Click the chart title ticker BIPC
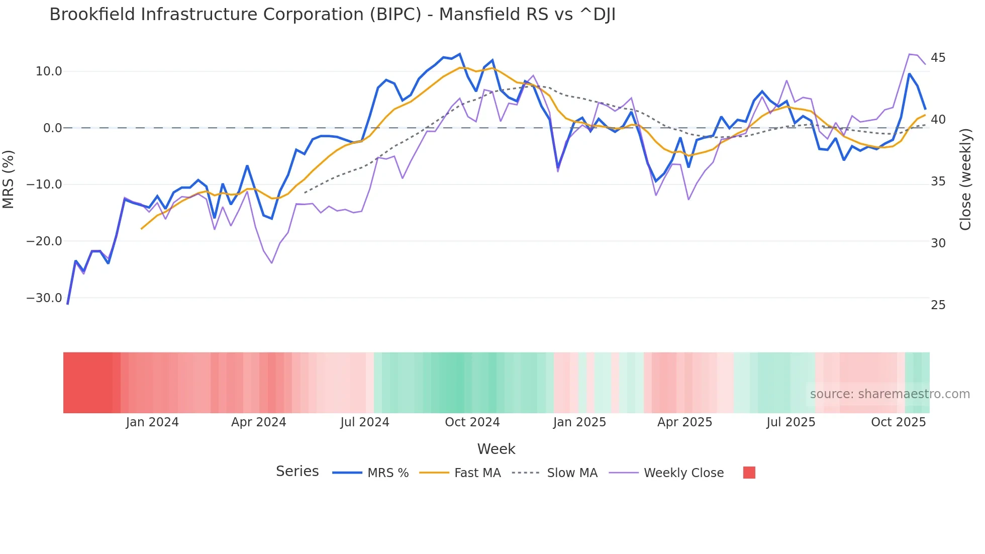pos(395,15)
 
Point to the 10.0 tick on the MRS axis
pos(49,71)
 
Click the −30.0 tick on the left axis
pos(44,298)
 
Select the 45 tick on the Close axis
pos(938,58)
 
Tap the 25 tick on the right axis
pos(938,305)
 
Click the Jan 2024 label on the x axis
pos(152,422)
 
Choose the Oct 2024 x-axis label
pos(472,422)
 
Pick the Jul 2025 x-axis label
pos(791,422)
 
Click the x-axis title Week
pos(496,449)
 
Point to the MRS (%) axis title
pos(9,179)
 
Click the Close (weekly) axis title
pos(965,179)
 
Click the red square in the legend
pos(749,473)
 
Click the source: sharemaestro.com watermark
pos(890,394)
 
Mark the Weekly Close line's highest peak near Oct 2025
pos(910,54)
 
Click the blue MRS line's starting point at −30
pos(67,304)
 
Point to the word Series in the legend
pos(297,472)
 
